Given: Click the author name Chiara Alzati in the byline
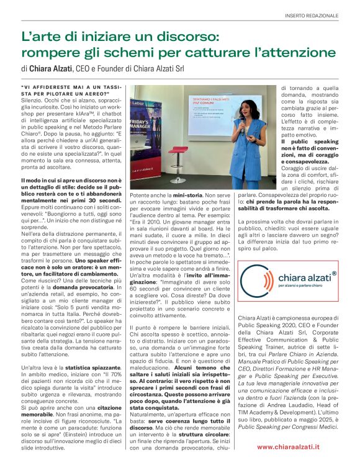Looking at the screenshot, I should point(51,68).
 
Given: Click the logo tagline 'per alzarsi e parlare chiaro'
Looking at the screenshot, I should point(294,287).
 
